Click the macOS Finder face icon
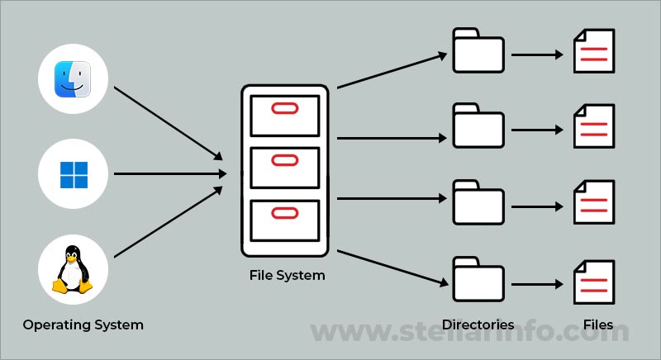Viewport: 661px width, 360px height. (74, 79)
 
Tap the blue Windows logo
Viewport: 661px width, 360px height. (74, 174)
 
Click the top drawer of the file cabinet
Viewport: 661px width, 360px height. (284, 115)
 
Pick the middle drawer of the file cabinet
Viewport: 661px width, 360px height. (284, 167)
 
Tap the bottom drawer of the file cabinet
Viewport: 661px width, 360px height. (284, 218)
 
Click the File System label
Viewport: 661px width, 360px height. (287, 275)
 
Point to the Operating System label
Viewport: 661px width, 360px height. (83, 324)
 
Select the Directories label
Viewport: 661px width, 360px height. (478, 324)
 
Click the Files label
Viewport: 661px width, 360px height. (597, 324)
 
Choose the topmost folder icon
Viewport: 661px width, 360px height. (478, 51)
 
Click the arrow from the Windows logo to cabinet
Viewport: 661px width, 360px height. (169, 174)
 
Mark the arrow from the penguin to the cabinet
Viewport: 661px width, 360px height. (169, 221)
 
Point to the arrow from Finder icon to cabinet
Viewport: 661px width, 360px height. (169, 122)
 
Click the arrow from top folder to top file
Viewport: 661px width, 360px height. (537, 57)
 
